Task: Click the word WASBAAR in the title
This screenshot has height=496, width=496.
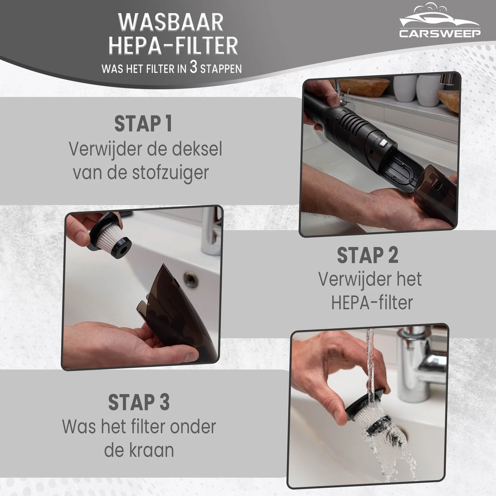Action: tap(171, 22)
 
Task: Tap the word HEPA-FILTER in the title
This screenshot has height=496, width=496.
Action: tap(173, 45)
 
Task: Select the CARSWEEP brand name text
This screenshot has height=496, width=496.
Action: tap(440, 33)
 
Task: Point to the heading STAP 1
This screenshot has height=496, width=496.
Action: tap(143, 124)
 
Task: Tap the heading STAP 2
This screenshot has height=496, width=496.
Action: tap(367, 255)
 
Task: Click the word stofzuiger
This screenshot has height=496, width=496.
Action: tap(170, 173)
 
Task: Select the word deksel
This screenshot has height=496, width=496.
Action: tap(197, 149)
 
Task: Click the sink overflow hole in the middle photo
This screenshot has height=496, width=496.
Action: tap(191, 278)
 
